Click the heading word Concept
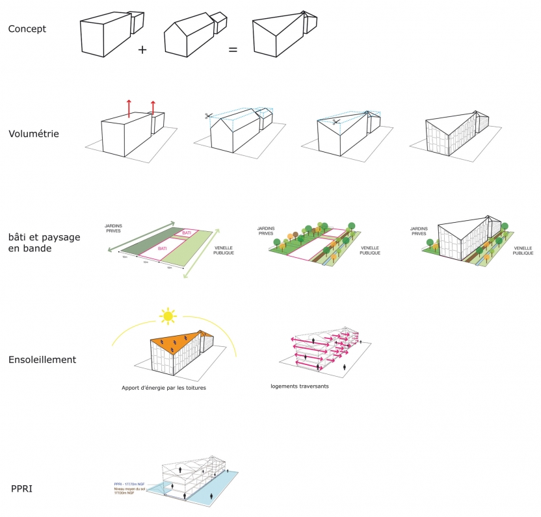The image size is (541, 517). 27,29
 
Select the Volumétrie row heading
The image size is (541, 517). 34,134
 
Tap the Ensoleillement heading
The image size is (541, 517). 43,359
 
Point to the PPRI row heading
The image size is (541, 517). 22,488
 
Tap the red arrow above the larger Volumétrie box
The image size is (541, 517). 129,108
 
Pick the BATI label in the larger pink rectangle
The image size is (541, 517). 162,248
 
